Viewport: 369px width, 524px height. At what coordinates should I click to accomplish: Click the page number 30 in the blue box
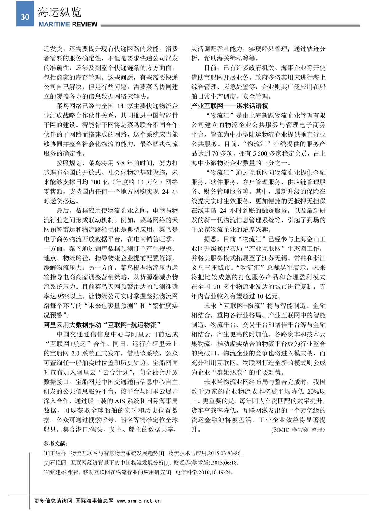[25, 17]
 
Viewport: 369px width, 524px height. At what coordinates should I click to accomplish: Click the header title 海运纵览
[59, 12]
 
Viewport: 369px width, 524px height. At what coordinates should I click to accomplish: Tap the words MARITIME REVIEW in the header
[68, 24]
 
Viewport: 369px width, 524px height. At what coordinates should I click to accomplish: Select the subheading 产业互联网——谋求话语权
[229, 106]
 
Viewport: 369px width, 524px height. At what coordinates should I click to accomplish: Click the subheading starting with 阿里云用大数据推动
[102, 325]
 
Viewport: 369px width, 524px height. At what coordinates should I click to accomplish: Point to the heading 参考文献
[56, 444]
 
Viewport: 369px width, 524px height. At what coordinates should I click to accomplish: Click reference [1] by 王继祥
[142, 453]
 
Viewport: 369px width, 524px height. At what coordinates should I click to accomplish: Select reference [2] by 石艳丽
[141, 463]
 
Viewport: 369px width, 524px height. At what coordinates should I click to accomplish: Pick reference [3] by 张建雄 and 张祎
[137, 472]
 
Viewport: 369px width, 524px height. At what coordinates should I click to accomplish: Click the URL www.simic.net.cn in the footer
[138, 501]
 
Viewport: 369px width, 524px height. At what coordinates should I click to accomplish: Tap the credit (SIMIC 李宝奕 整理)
[298, 430]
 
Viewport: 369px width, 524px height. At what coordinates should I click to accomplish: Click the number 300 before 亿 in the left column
[96, 182]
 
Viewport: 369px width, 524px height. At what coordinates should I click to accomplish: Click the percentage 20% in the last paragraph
[313, 391]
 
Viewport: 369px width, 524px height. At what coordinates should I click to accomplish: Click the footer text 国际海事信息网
[94, 501]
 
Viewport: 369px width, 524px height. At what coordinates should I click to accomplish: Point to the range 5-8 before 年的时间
[120, 163]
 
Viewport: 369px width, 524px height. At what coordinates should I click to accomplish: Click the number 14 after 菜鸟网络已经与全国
[120, 106]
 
